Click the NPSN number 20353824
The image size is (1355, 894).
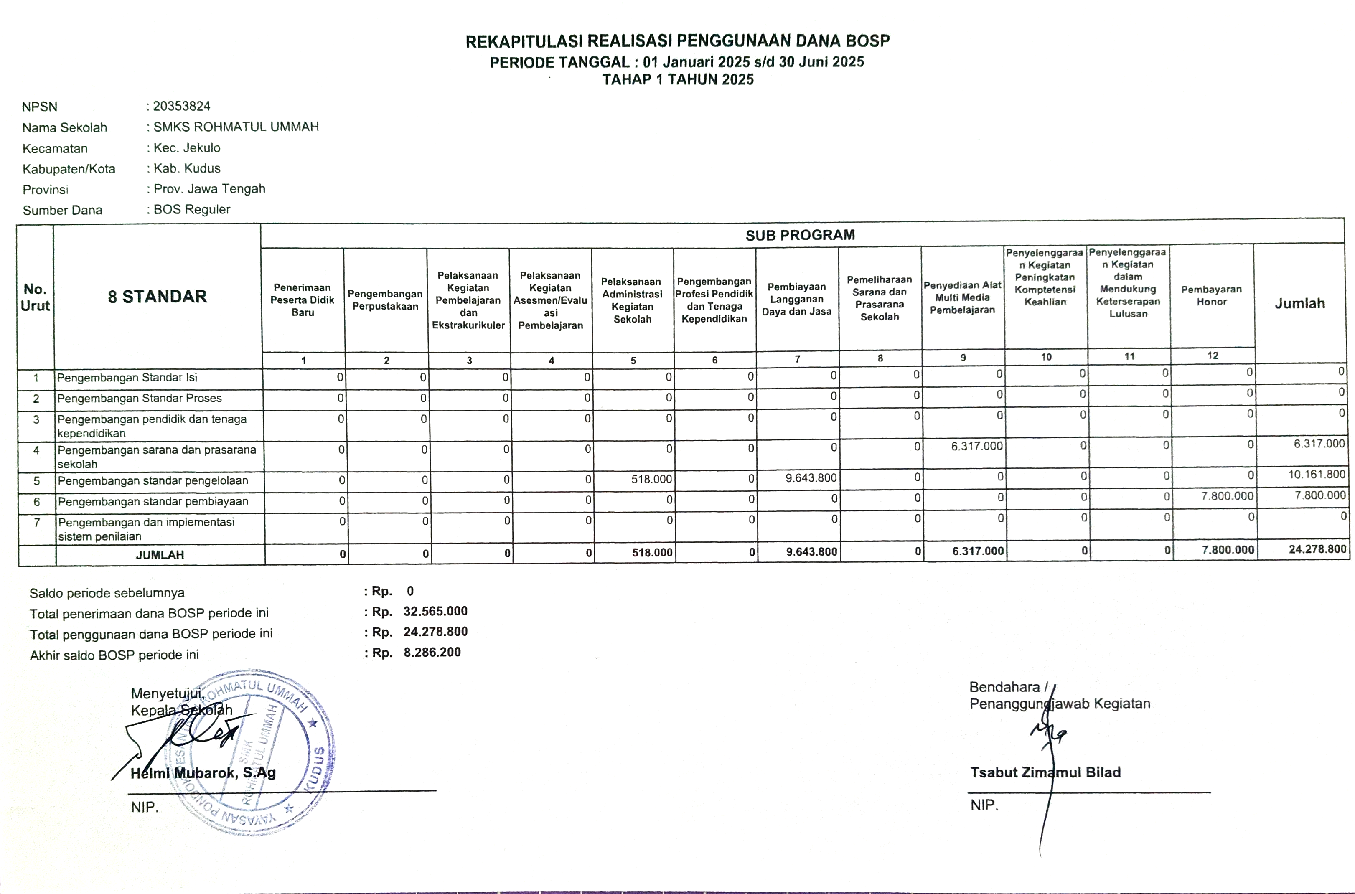tap(181, 106)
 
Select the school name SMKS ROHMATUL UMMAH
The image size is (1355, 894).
tap(236, 127)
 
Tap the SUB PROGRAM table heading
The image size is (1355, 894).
tap(800, 235)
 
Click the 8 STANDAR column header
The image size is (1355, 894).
tap(158, 297)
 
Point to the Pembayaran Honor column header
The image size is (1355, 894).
tap(1211, 295)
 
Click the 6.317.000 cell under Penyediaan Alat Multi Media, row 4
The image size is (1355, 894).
tap(976, 446)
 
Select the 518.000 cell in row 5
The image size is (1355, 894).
tap(651, 479)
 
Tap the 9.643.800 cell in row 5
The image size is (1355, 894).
tap(811, 478)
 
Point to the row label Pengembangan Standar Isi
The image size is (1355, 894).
tap(127, 377)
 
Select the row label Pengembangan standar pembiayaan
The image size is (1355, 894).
tap(153, 501)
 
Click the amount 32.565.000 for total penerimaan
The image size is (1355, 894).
tap(435, 611)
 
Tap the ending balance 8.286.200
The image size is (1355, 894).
tap(432, 652)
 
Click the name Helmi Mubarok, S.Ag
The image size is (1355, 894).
tap(203, 773)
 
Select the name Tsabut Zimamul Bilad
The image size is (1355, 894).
tap(1045, 772)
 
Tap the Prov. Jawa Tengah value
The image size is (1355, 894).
tap(209, 189)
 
